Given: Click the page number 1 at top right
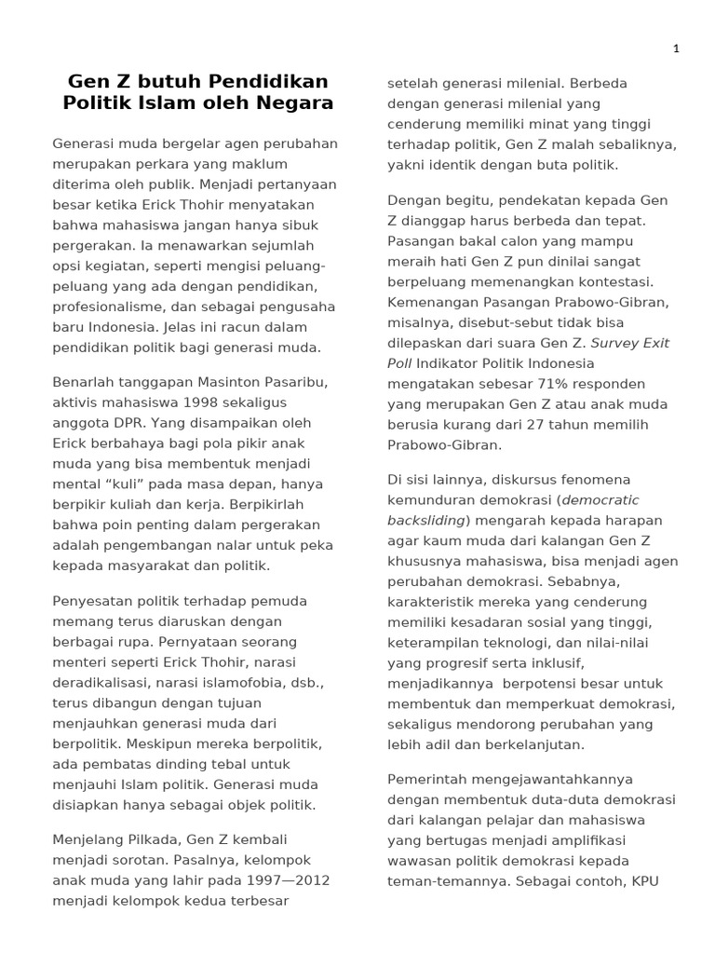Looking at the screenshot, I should tap(677, 48).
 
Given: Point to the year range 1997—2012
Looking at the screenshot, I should tap(283, 881).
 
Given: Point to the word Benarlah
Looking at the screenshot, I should tap(84, 383).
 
